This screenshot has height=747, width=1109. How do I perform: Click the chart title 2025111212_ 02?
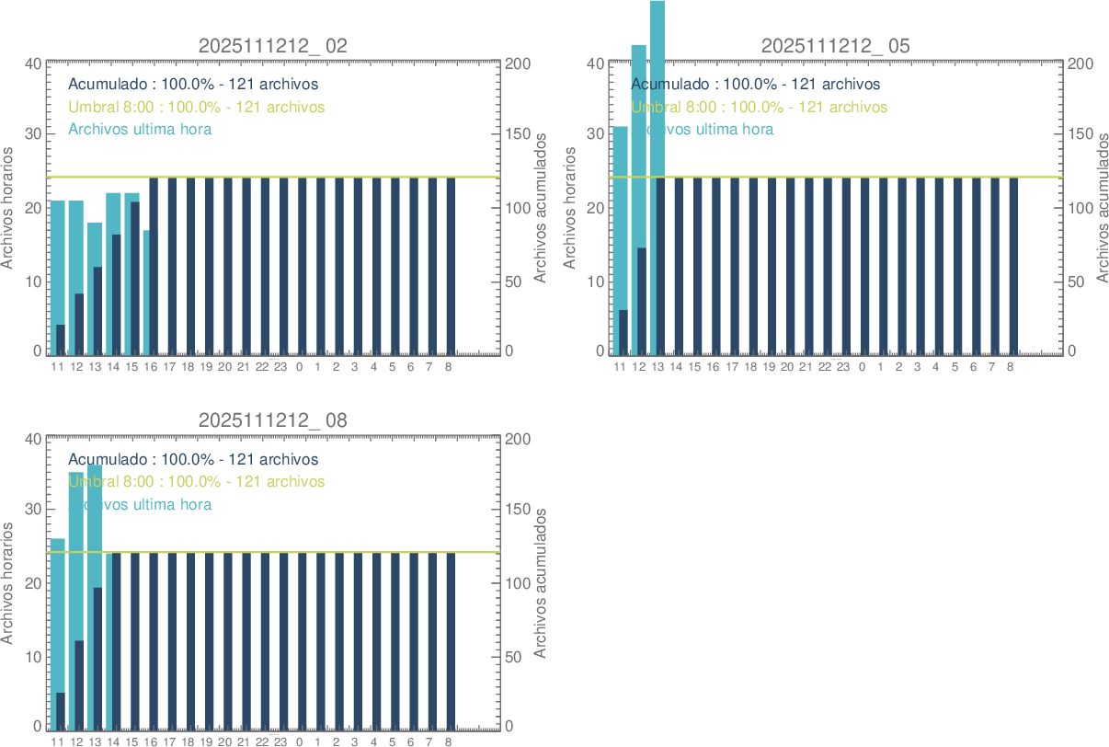pos(273,46)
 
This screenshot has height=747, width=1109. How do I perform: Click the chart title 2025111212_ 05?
pos(835,46)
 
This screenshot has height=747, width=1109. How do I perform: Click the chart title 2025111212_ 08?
pos(273,421)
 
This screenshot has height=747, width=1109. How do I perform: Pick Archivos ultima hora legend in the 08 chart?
pos(140,504)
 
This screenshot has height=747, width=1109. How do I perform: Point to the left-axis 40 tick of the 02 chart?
pos(33,63)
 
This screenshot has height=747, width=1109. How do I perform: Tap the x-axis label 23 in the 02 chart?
pos(280,367)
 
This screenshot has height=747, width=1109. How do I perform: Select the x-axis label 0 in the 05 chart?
pos(862,367)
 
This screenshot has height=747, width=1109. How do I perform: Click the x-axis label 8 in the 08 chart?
pos(448,741)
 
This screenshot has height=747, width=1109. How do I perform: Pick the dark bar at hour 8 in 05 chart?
pos(1013,266)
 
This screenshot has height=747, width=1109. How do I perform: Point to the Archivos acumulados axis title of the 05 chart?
pos(1103,208)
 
